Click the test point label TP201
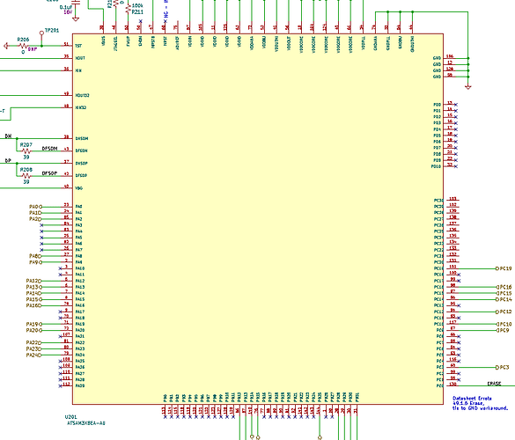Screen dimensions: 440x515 [51, 30]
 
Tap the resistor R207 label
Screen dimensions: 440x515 [26, 143]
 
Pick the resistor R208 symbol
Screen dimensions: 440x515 [26, 175]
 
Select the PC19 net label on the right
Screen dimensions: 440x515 [503, 268]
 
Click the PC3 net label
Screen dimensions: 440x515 [504, 366]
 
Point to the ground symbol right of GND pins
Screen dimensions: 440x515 [467, 85]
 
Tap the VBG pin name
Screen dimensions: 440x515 [79, 188]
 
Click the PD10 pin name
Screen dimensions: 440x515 [436, 165]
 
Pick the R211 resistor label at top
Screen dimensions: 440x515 [137, 11]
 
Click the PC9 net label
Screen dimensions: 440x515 [504, 330]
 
